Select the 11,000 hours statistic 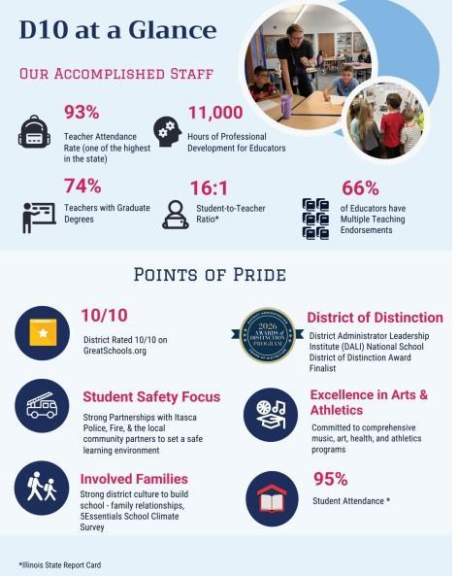pyautogui.click(x=214, y=114)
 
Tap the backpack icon pyautogui.click(x=34, y=130)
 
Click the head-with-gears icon pyautogui.click(x=166, y=130)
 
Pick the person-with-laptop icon pyautogui.click(x=176, y=215)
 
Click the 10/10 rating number pyautogui.click(x=104, y=316)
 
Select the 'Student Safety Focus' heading pyautogui.click(x=150, y=397)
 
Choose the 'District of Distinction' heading pyautogui.click(x=375, y=318)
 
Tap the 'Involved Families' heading pyautogui.click(x=134, y=479)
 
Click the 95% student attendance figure pyautogui.click(x=331, y=479)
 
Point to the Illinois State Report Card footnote pyautogui.click(x=59, y=564)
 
